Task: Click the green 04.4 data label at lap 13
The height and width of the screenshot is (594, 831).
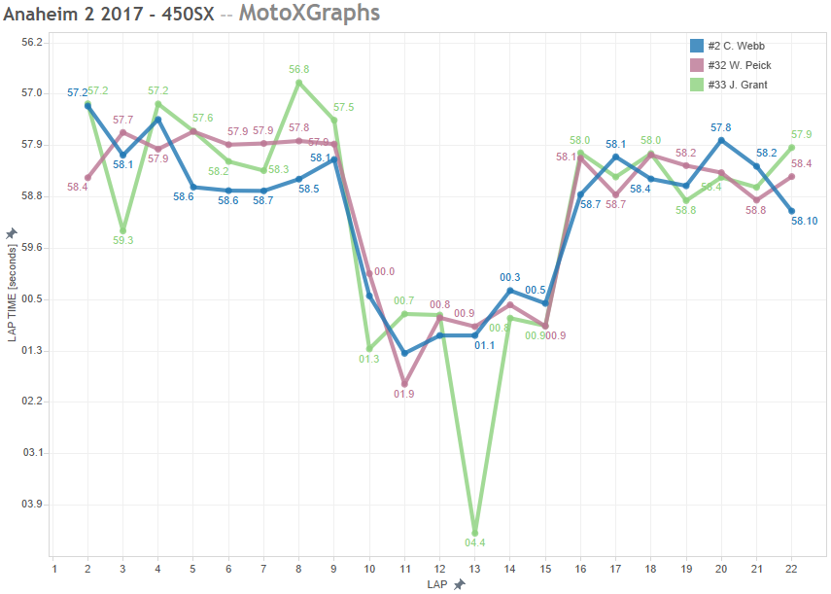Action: [475, 542]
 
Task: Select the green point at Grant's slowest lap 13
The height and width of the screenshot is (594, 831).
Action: [475, 530]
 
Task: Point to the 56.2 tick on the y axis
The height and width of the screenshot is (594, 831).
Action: [32, 42]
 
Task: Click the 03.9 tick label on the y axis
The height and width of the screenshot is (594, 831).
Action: [32, 505]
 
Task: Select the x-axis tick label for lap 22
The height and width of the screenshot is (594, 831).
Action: [792, 569]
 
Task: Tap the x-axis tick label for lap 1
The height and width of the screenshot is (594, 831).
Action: [53, 569]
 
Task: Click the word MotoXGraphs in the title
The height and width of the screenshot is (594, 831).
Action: [308, 13]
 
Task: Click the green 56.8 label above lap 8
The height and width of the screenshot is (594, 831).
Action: [299, 70]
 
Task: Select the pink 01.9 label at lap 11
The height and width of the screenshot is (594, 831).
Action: [405, 394]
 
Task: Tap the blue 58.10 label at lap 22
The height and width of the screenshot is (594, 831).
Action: [804, 221]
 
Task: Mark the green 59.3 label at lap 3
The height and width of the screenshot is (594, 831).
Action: [123, 240]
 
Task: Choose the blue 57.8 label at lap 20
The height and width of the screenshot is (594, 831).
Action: [721, 127]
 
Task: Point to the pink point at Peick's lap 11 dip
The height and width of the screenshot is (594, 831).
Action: [404, 384]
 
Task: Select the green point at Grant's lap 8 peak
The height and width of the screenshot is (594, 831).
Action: [299, 83]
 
